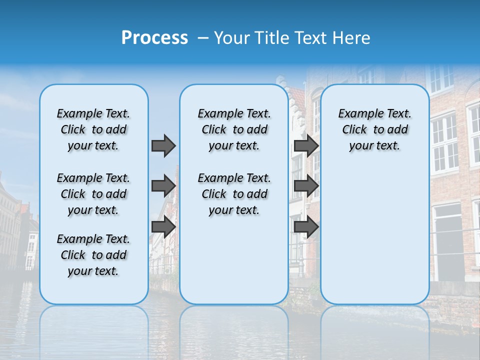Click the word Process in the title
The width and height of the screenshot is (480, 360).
pos(154,37)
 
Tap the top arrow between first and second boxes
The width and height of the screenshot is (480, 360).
pos(163,145)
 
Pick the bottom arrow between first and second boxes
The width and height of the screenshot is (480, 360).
pos(163,227)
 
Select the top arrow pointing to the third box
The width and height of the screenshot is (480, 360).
pos(306,145)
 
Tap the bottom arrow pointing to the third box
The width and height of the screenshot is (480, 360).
pos(306,227)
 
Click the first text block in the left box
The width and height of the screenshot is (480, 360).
pos(93,129)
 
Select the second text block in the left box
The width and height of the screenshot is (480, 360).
pos(93,194)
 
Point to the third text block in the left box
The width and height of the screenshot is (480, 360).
pos(93,255)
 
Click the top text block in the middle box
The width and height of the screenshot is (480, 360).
pos(234,129)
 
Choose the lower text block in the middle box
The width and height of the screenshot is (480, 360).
pos(234,194)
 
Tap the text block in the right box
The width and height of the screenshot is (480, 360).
pos(374,129)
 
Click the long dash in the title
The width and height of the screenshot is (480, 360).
pos(203,38)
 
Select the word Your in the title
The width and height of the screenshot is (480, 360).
pos(231,37)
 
